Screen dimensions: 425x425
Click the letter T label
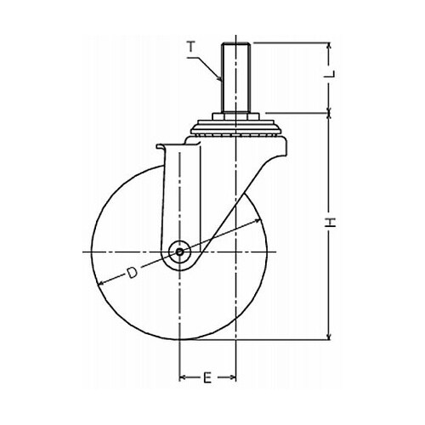(192, 47)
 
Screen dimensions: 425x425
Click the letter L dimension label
(331, 74)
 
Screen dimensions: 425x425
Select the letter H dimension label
(331, 223)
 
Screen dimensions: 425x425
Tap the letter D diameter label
(132, 273)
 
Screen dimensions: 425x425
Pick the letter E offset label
(207, 377)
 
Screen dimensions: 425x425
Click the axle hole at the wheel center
(179, 252)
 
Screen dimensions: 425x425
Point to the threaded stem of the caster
(235, 77)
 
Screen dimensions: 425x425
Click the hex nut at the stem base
(235, 116)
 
